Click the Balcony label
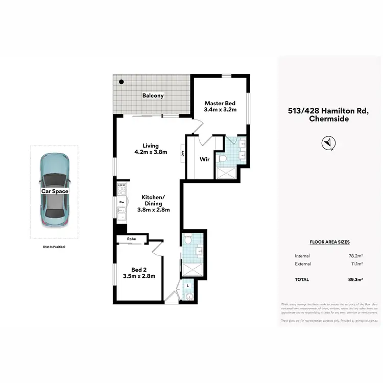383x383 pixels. [x=153, y=95]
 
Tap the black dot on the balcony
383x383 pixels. [x=122, y=82]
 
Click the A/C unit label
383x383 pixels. [x=182, y=153]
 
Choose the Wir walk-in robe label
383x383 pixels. [x=204, y=159]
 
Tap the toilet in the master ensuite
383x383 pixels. [x=222, y=159]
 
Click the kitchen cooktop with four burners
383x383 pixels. [x=122, y=190]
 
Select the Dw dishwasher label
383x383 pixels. [x=122, y=202]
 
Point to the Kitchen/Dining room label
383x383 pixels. [x=153, y=203]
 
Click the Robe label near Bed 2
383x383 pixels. [x=126, y=238]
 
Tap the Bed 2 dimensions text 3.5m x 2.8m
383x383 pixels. [x=139, y=276]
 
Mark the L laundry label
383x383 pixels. [x=188, y=285]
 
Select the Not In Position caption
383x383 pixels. [x=54, y=247]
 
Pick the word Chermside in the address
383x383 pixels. [x=329, y=119]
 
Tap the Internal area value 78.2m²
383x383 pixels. [x=355, y=256]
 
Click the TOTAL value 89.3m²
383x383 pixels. [x=355, y=279]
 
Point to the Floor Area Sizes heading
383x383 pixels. [x=329, y=242]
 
